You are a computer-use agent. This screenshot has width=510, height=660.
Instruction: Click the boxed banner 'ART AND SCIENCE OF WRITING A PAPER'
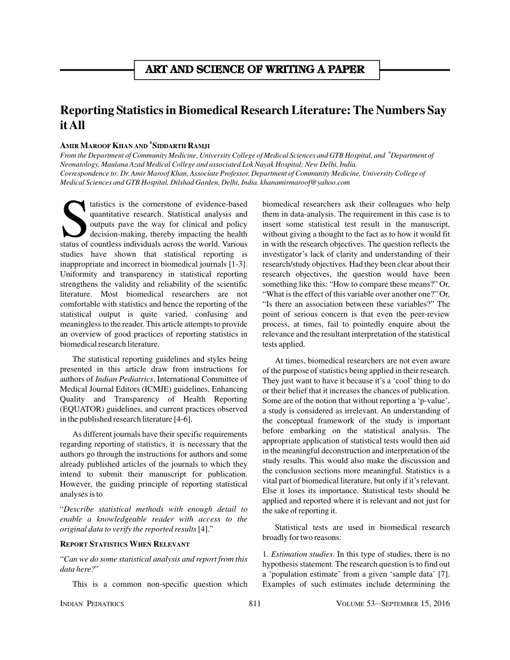(x=257, y=70)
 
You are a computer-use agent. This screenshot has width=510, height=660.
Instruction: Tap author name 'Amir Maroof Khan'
(x=96, y=146)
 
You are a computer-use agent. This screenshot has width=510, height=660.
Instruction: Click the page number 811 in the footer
(x=254, y=604)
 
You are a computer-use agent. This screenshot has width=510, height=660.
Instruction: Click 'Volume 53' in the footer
(x=359, y=604)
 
